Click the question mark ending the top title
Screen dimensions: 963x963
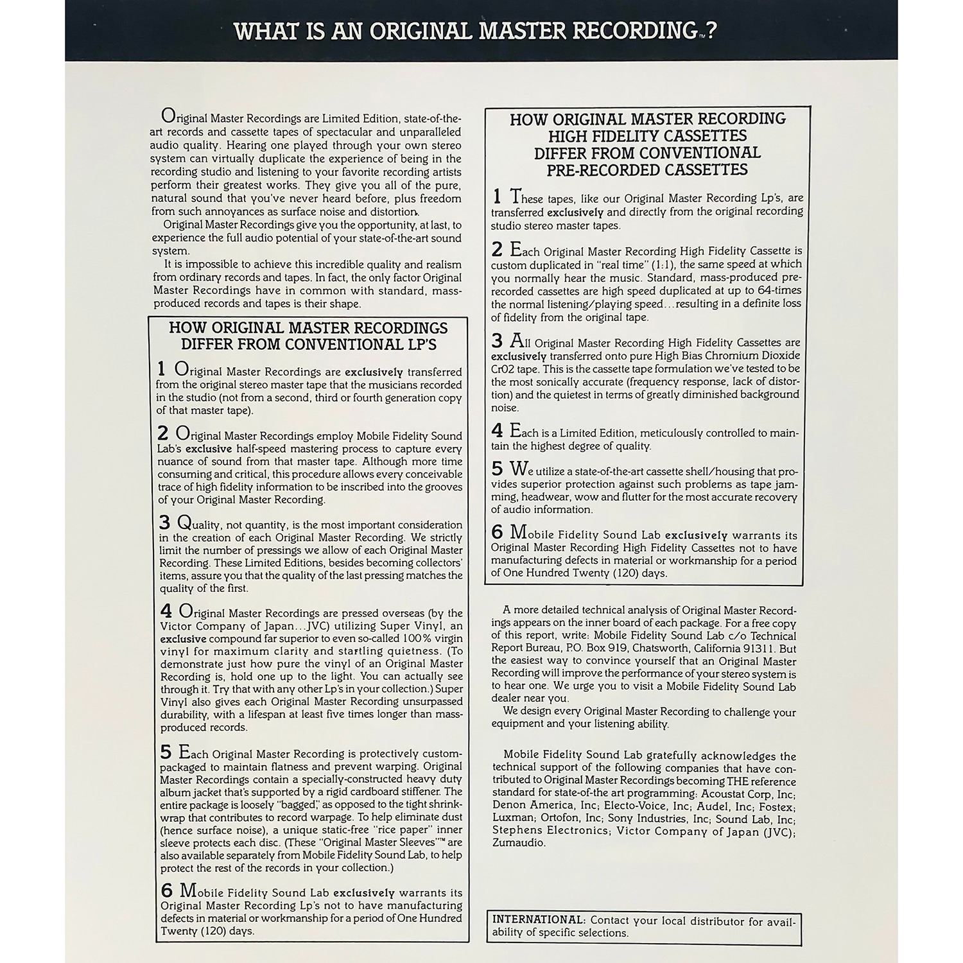[709, 31]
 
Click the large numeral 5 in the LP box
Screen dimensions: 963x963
[166, 752]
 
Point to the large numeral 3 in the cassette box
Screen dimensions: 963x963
[497, 342]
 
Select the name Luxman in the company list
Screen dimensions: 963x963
[513, 819]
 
